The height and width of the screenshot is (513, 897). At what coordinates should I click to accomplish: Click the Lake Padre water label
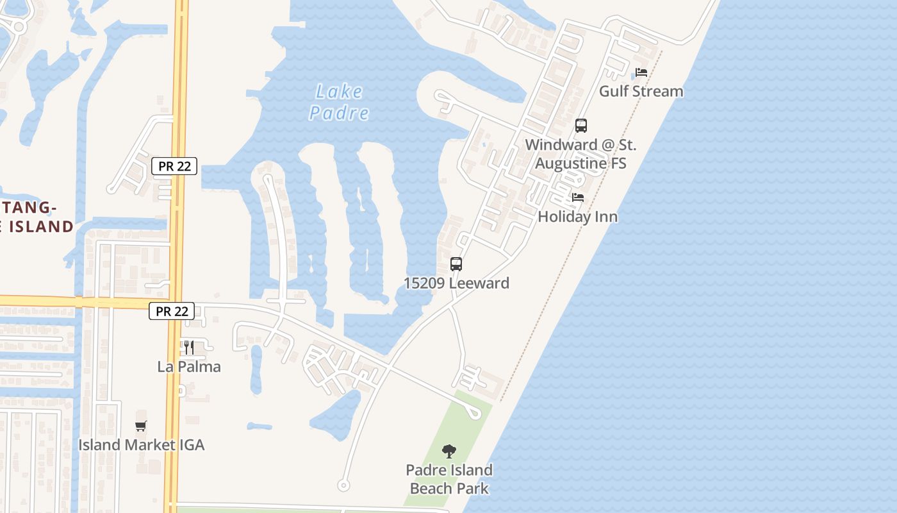(x=339, y=103)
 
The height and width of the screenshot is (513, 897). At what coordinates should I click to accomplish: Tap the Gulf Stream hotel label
(x=641, y=91)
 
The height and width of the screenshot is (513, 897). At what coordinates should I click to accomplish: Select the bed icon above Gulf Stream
(x=641, y=72)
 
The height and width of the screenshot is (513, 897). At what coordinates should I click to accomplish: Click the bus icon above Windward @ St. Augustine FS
(x=581, y=126)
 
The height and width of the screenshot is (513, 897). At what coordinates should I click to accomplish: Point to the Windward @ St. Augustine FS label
(x=580, y=154)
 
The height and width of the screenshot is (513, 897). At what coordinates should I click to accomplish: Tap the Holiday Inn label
(x=577, y=217)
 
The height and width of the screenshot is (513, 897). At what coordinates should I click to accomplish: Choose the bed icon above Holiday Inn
(x=578, y=198)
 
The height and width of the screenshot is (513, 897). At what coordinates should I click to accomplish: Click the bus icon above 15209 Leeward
(x=456, y=264)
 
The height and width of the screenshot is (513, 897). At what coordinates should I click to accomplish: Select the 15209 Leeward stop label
(x=456, y=283)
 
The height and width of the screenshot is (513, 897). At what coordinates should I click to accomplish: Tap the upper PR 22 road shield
(x=175, y=166)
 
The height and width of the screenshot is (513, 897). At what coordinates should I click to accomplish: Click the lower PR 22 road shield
(x=172, y=312)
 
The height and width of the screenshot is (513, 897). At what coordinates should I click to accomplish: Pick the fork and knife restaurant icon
(x=189, y=348)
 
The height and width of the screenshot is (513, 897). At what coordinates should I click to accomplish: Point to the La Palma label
(x=189, y=367)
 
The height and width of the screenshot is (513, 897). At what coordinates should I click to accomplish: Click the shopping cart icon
(x=141, y=425)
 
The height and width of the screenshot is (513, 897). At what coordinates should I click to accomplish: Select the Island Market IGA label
(x=141, y=444)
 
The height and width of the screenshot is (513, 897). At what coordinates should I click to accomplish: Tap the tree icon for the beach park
(x=449, y=451)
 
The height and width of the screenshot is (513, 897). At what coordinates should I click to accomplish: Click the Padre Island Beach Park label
(x=449, y=479)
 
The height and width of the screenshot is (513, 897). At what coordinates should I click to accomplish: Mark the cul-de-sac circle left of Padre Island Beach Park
(x=343, y=485)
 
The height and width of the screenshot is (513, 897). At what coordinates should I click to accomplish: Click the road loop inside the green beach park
(x=475, y=414)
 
